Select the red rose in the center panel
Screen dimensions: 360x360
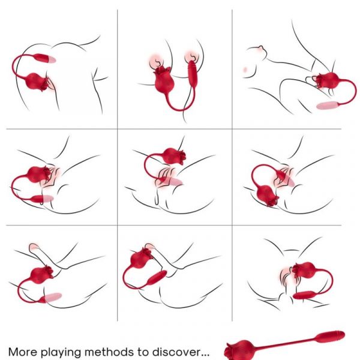(175, 156)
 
